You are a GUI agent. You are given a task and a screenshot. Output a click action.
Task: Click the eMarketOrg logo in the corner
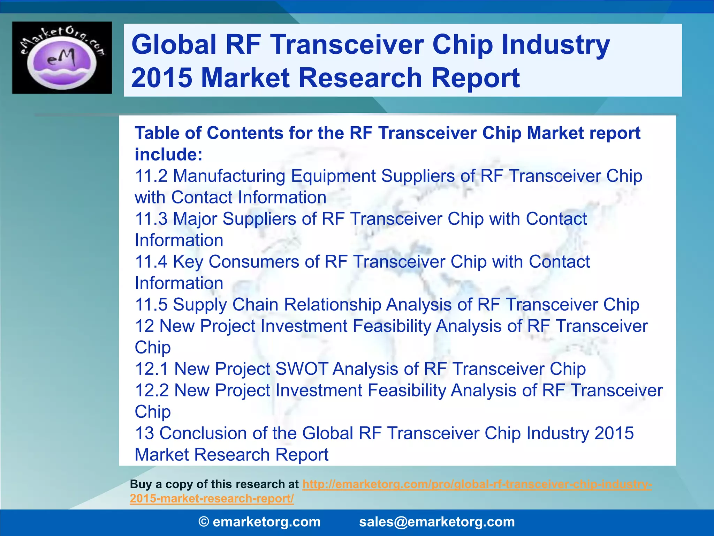tap(62, 58)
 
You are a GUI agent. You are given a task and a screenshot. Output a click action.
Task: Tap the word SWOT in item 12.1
tap(302, 369)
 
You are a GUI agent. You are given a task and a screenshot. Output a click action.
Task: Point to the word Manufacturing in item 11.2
tap(229, 176)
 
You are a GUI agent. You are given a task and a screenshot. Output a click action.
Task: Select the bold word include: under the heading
tap(168, 155)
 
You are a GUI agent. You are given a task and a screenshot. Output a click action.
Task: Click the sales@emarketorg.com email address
tap(437, 522)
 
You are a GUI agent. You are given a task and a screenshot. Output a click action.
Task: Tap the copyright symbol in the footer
tap(204, 522)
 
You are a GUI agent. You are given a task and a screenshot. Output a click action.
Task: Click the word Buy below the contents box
tap(140, 484)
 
